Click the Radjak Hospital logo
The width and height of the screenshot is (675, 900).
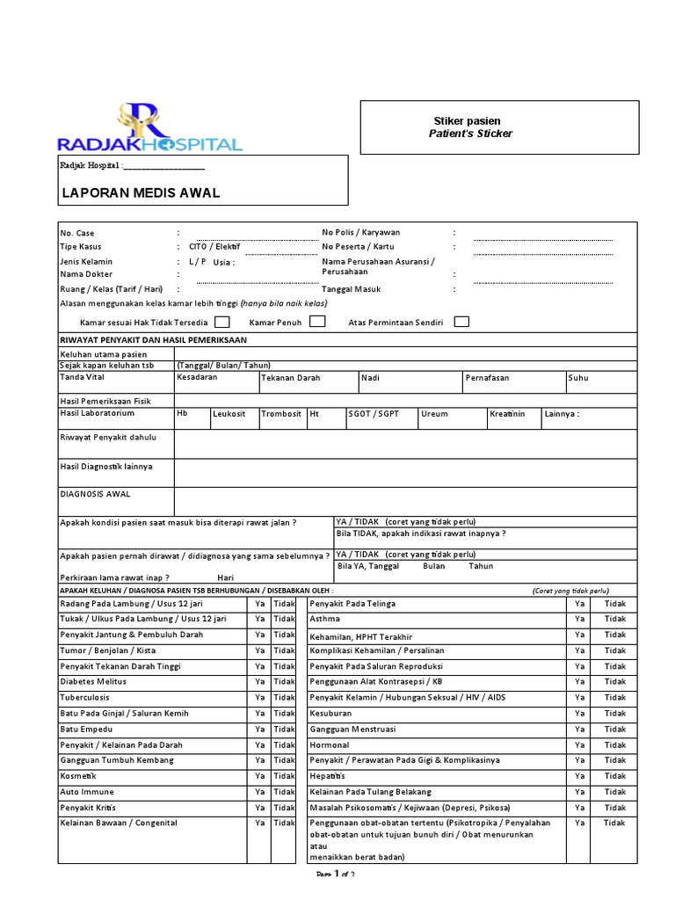tap(149, 128)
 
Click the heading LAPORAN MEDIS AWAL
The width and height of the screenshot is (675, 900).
tap(140, 193)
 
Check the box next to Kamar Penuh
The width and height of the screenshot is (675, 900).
tap(317, 322)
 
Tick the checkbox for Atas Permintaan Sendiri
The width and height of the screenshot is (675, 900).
tap(461, 322)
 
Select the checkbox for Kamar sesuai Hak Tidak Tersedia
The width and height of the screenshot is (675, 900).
tap(222, 322)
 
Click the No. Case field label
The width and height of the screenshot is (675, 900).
tap(76, 233)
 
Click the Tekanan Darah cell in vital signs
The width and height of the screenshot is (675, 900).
tap(291, 378)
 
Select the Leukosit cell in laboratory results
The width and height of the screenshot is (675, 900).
tap(229, 414)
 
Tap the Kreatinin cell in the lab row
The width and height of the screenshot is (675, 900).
tap(509, 414)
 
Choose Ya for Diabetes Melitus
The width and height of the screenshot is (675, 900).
tap(259, 682)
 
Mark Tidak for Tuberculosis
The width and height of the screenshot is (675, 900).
tap(284, 698)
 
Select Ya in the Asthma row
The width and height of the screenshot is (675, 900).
tap(579, 619)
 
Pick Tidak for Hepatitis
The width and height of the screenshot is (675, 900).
tap(615, 776)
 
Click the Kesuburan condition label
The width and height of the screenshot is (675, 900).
tap(330, 714)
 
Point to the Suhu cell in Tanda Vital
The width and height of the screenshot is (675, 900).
tap(578, 378)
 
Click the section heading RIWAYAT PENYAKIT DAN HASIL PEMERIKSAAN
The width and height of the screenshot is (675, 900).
tap(153, 339)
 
